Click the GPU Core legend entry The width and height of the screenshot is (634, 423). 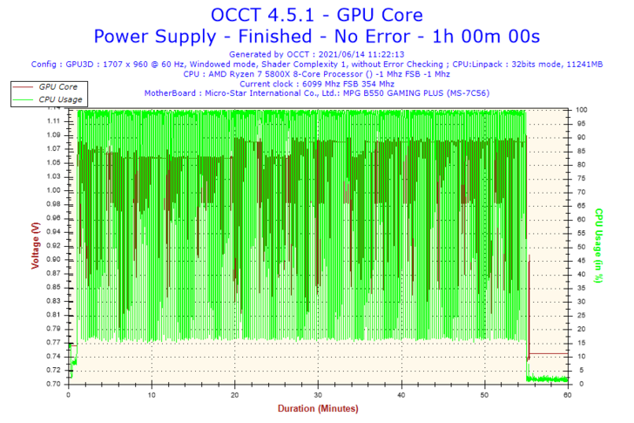coord(58,87)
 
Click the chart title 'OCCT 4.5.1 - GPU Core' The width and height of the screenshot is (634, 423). coord(316,15)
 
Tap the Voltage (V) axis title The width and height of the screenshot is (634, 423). coord(35,245)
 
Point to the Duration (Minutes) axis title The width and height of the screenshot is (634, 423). coord(317,408)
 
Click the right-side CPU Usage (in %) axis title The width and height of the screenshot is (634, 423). coord(599,245)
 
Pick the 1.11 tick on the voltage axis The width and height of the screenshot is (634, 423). coord(54,121)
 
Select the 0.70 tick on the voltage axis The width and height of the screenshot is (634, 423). coord(54,384)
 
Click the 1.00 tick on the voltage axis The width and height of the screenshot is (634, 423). coord(54,190)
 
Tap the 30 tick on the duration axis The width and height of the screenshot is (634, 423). coord(318,394)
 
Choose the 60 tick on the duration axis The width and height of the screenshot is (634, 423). coord(568,394)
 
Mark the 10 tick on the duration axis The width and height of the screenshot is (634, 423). coord(152,394)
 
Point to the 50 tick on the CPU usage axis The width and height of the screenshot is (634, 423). coord(579,246)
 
